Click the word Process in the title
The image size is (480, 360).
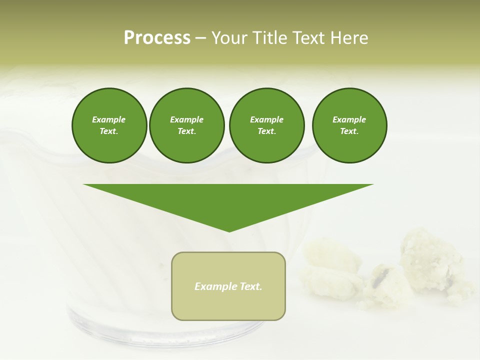157,38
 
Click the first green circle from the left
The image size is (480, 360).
109,125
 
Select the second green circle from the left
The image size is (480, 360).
186,125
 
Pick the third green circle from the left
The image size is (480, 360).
266,125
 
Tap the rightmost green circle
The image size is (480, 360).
349,125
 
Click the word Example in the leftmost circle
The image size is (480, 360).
109,119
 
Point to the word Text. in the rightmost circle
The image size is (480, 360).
349,131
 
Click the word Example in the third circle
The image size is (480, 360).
266,119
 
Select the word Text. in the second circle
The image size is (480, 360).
186,131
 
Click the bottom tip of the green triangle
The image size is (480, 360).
229,230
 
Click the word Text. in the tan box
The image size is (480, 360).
250,286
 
